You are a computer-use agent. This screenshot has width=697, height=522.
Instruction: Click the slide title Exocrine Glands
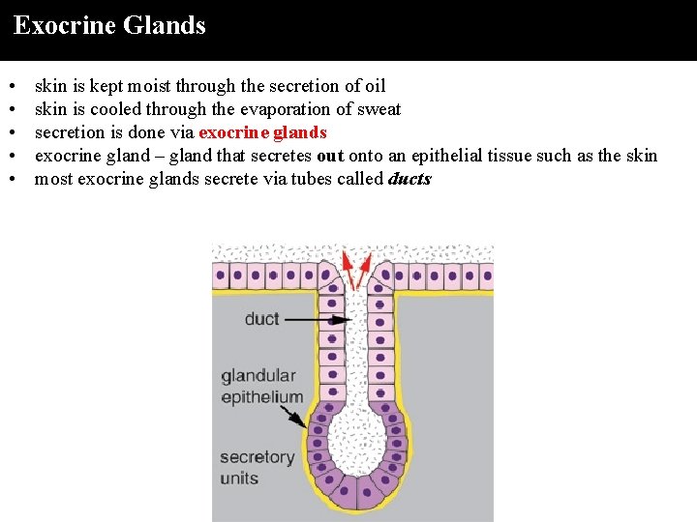pos(109,25)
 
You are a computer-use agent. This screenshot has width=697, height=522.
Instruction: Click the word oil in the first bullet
pos(375,86)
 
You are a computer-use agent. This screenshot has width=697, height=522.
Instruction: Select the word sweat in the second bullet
pos(379,109)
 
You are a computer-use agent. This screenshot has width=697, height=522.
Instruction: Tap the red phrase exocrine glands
pos(262,132)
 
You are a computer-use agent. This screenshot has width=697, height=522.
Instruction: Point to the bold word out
pos(330,156)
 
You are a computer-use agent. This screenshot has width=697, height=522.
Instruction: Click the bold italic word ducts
pos(409,179)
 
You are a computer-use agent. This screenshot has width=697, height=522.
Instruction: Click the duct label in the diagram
pos(261,319)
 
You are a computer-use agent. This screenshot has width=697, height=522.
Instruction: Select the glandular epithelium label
pos(261,386)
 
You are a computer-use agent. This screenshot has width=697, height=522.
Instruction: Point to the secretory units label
pos(257,467)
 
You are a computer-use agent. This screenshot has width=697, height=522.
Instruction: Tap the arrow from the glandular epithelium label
pos(292,418)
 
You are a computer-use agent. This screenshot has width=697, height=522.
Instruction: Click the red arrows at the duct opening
pos(358,268)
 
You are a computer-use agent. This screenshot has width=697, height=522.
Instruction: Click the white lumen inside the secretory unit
pos(356,446)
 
